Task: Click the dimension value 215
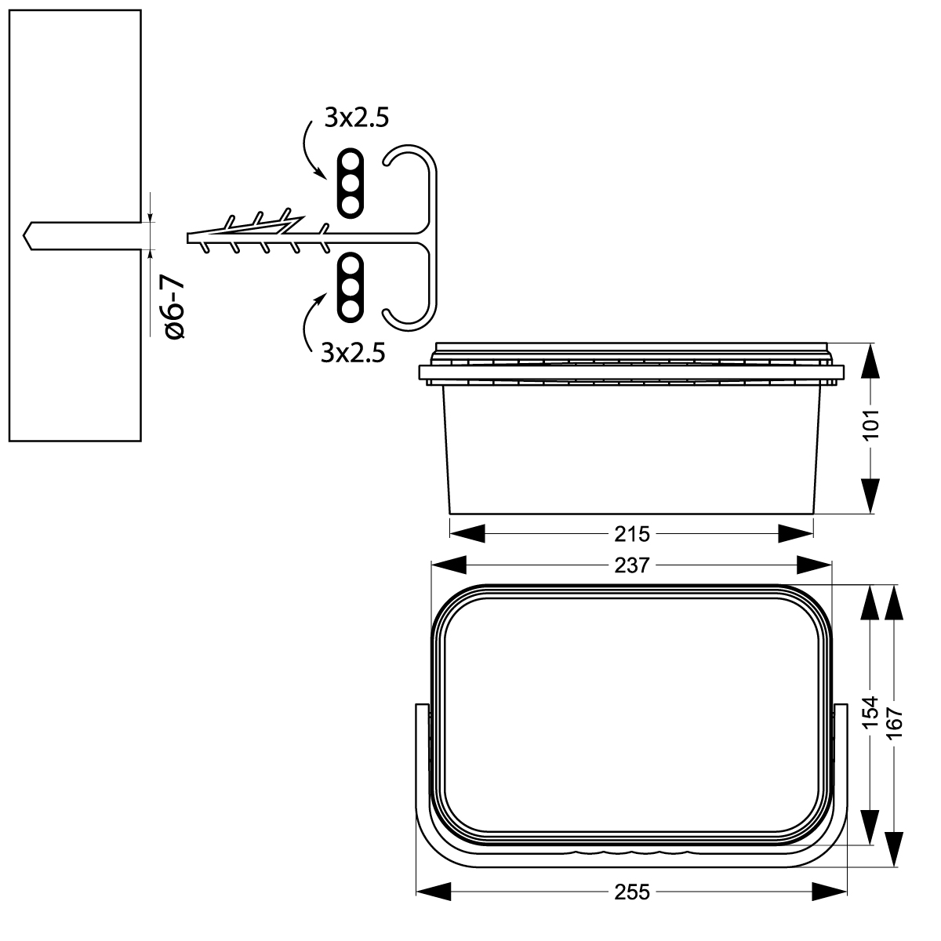(632, 534)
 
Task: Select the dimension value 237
(632, 565)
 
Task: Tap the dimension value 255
(632, 892)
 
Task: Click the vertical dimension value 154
(870, 713)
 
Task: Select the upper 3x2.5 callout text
(358, 119)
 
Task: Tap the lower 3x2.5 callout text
(353, 352)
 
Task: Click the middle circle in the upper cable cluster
(350, 183)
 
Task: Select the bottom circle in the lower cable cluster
(350, 308)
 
